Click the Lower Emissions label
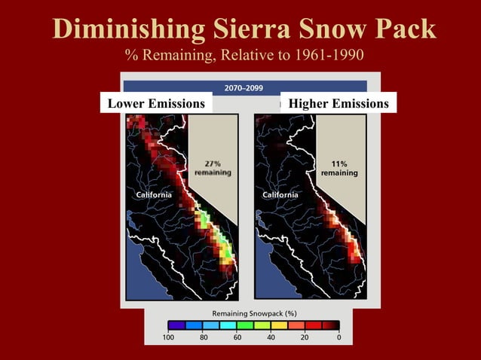[x=156, y=103]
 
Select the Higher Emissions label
[x=339, y=103]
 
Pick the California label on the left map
[x=153, y=195]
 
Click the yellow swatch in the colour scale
[x=279, y=325]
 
